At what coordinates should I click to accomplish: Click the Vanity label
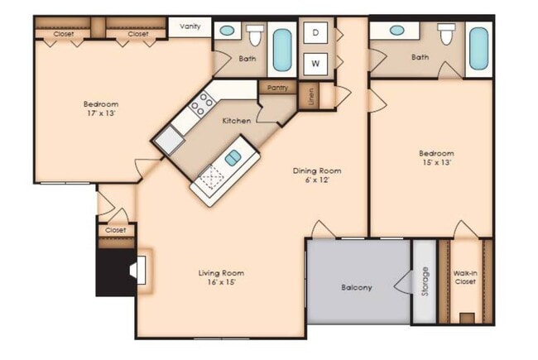pos(190,26)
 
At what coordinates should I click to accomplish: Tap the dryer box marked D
pos(316,33)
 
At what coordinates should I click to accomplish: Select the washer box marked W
pos(316,62)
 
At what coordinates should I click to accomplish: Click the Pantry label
pos(276,87)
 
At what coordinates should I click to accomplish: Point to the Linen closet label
pos(312,98)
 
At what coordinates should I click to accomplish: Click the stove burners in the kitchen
pos(201,103)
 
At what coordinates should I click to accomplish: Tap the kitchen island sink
pos(233,156)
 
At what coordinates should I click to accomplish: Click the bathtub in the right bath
pos(478,47)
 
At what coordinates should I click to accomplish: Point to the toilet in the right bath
pos(447,35)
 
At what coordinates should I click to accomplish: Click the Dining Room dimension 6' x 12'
pos(317,182)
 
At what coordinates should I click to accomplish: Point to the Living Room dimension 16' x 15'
pos(221,284)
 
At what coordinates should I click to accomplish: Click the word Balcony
pos(356,288)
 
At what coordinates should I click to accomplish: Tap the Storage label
pos(425,281)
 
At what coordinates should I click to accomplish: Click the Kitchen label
pos(236,121)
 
